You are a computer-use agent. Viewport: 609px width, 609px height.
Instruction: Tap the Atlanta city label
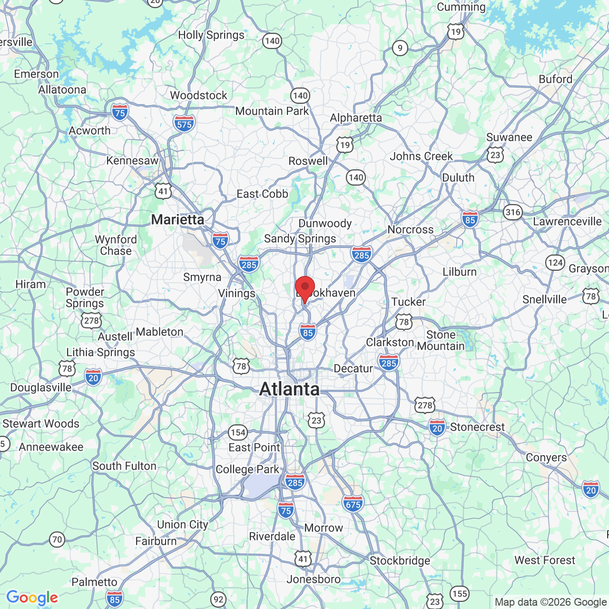pyautogui.click(x=289, y=389)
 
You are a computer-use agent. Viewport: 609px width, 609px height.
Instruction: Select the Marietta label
pyautogui.click(x=177, y=219)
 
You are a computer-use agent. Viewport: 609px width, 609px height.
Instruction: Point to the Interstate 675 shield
pyautogui.click(x=353, y=503)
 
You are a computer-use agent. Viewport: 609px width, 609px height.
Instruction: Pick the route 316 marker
pyautogui.click(x=513, y=212)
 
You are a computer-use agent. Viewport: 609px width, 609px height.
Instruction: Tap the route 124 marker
pyautogui.click(x=555, y=263)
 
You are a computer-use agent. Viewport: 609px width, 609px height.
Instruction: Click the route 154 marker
pyautogui.click(x=238, y=432)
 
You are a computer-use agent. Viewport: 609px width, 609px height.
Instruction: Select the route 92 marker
pyautogui.click(x=218, y=599)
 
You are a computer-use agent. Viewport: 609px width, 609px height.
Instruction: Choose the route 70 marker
pyautogui.click(x=57, y=540)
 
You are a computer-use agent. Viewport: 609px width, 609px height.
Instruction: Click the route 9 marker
pyautogui.click(x=400, y=48)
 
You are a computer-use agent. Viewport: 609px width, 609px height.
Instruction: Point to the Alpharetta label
pyautogui.click(x=356, y=118)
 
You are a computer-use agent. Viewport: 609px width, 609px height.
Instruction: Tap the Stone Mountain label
pyautogui.click(x=441, y=340)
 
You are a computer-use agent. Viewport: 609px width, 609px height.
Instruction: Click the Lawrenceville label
pyautogui.click(x=567, y=221)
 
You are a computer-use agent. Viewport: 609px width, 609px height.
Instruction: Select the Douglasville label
pyautogui.click(x=41, y=387)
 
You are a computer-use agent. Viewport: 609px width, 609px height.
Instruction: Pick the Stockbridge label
pyautogui.click(x=400, y=560)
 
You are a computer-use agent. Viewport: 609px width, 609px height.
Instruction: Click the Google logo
pyautogui.click(x=32, y=598)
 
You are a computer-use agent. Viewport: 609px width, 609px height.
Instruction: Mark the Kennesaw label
pyautogui.click(x=132, y=160)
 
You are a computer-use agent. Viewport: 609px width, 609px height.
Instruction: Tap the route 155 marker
pyautogui.click(x=460, y=594)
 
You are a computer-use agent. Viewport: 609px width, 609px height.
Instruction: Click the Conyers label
pyautogui.click(x=546, y=457)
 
